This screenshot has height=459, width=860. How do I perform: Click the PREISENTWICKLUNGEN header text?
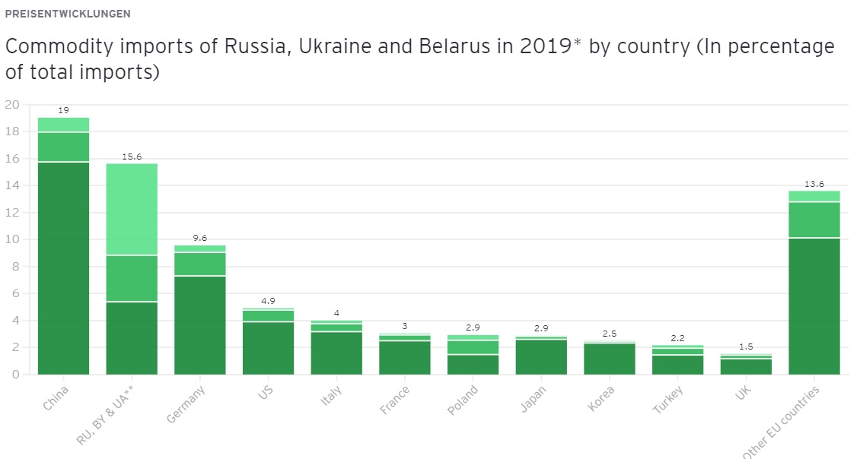point(67,14)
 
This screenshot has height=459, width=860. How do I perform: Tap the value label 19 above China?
point(63,110)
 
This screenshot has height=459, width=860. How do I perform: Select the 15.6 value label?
point(132,157)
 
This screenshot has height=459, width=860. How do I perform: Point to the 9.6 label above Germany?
point(200,238)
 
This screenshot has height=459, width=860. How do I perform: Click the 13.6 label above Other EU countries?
point(814,184)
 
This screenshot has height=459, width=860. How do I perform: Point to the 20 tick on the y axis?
point(11,105)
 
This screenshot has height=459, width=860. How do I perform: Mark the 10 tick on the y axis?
point(11,240)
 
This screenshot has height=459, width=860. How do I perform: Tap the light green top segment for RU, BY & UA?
point(132,209)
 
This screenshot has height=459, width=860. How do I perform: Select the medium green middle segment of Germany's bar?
point(200,264)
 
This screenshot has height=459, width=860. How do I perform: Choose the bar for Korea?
point(610,359)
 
